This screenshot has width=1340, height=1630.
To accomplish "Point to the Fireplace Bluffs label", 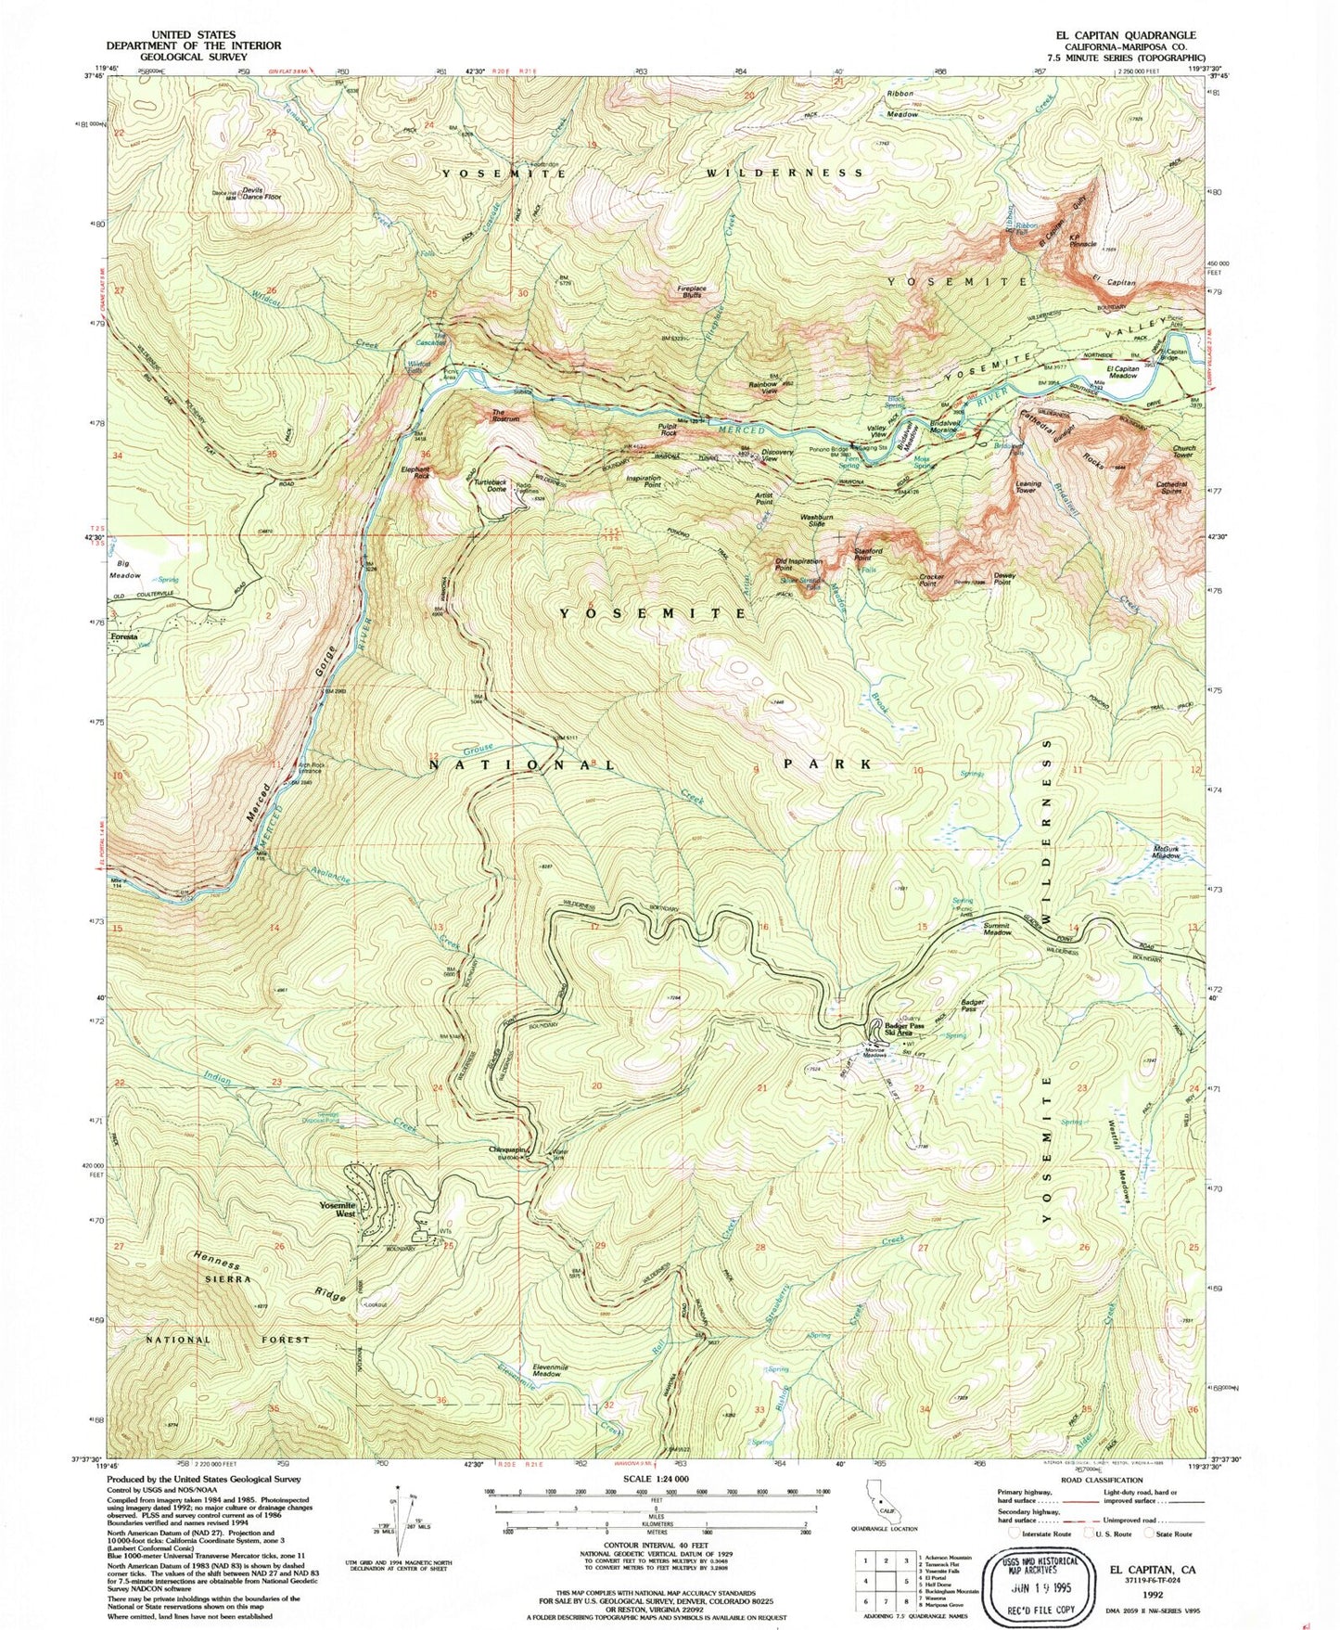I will [693, 291].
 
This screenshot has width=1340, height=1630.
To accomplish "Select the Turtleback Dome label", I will [490, 484].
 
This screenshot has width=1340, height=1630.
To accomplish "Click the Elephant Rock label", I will [416, 472].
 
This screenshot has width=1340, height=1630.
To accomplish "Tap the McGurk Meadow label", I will [1166, 852].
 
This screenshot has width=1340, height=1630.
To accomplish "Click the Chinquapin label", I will [508, 1149].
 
